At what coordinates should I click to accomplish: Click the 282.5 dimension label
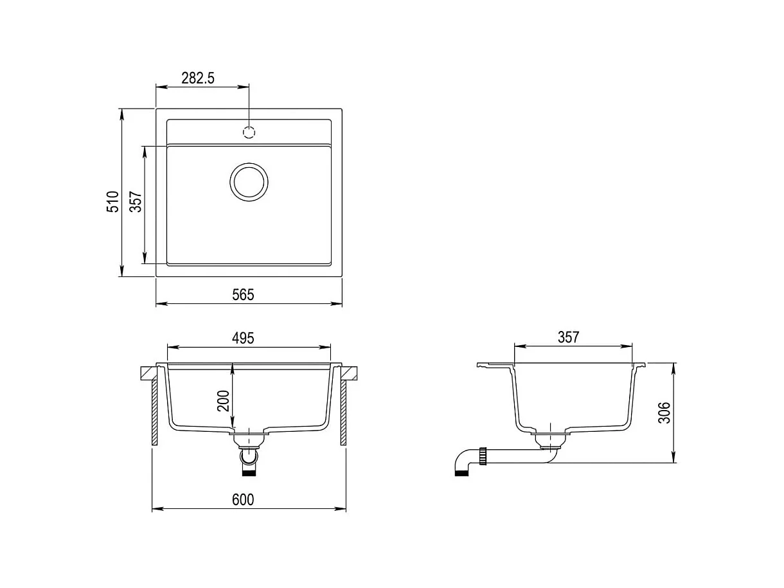[197, 78]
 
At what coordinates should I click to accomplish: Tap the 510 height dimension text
[113, 202]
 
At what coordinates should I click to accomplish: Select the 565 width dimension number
[243, 295]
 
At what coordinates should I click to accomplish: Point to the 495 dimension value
[243, 338]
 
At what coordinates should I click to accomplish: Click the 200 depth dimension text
[223, 401]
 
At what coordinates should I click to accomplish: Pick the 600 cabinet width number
[243, 500]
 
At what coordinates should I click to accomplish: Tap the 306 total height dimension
[664, 413]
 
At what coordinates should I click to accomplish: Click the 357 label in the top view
[136, 202]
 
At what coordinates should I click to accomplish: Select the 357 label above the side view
[568, 337]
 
